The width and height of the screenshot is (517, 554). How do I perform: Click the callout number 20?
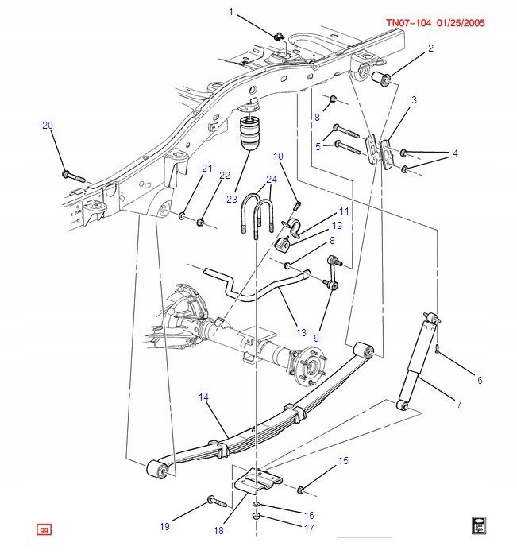(48, 126)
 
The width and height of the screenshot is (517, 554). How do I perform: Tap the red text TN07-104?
(408, 22)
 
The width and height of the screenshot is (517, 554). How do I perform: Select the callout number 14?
(203, 396)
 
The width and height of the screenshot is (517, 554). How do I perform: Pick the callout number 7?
(458, 405)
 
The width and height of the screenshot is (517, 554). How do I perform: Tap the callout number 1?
(231, 11)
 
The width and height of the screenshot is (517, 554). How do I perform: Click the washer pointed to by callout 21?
(183, 215)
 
